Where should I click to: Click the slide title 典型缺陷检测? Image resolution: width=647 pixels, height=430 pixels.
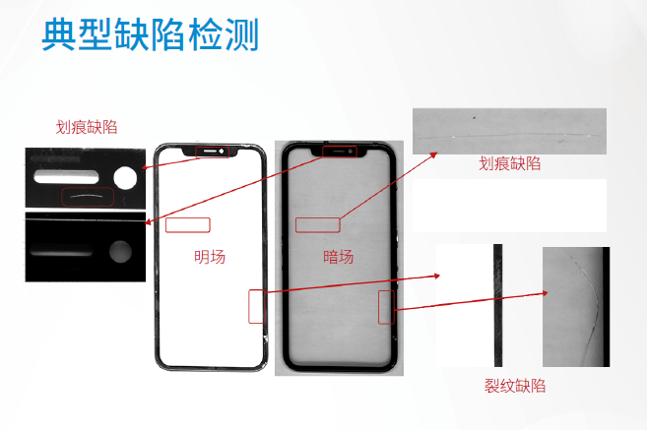[x=151, y=34]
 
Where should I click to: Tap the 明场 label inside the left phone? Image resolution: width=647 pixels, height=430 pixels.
[x=210, y=257]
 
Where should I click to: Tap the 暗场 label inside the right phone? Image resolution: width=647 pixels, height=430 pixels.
[x=339, y=257]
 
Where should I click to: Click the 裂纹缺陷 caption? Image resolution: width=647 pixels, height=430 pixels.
[x=514, y=386]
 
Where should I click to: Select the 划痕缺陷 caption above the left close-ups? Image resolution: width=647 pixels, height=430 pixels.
[x=87, y=127]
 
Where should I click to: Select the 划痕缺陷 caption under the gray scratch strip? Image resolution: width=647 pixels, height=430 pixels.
[x=509, y=163]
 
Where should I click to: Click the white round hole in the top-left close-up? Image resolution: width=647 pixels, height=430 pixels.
[x=125, y=178]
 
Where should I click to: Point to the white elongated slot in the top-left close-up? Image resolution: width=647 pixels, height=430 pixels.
[x=66, y=176]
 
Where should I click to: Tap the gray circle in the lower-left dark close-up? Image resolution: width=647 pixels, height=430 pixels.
[x=120, y=252]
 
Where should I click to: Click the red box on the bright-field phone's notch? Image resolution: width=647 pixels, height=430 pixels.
[x=212, y=152]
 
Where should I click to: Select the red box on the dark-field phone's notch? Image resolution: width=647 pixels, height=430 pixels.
[x=340, y=152]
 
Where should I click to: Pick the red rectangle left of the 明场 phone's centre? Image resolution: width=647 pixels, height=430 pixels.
[x=188, y=225]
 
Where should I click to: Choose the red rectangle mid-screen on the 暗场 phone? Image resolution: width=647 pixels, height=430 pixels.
[x=318, y=225]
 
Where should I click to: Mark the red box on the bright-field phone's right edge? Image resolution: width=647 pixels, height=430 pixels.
[x=256, y=306]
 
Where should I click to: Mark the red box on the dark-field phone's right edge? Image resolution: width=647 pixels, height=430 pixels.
[x=386, y=307]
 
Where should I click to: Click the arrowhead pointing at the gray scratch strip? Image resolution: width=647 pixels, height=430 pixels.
[x=433, y=155]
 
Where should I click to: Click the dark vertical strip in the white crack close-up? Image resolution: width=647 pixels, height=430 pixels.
[x=498, y=305]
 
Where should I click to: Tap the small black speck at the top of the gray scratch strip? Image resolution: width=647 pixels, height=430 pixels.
[x=474, y=118]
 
